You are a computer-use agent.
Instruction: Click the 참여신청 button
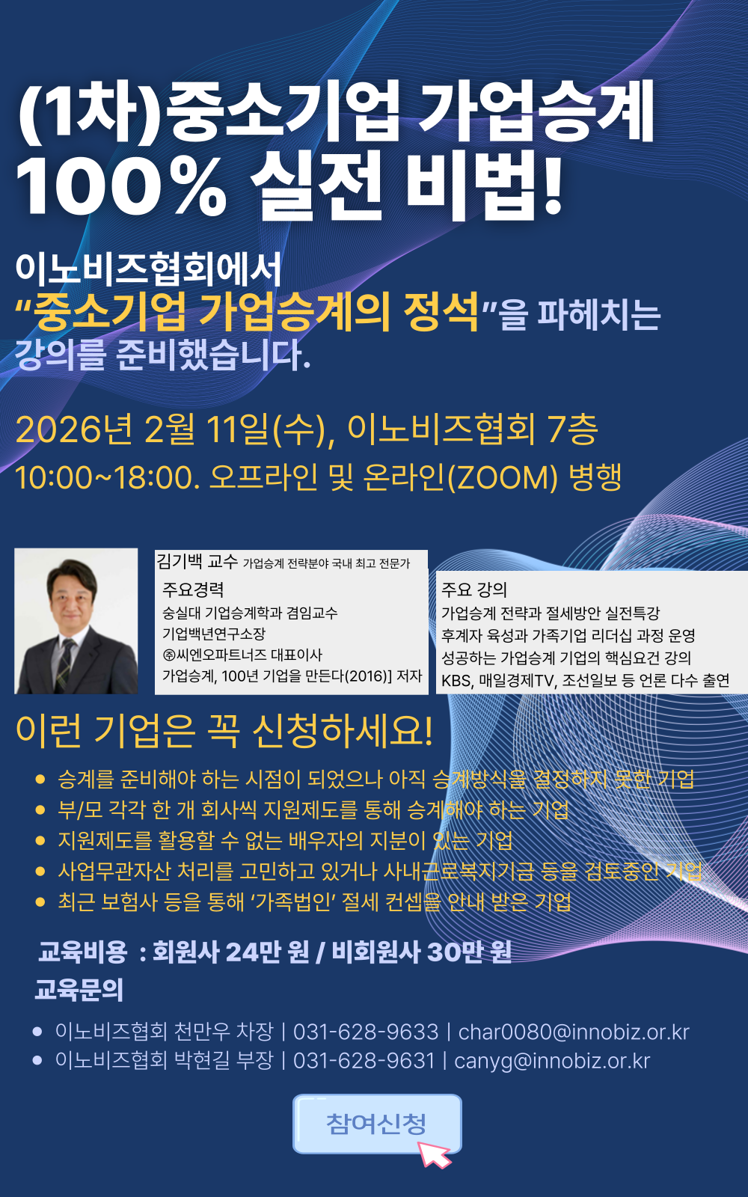377,1123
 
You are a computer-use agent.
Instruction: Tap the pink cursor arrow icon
435,1154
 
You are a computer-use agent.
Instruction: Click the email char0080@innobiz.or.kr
574,1032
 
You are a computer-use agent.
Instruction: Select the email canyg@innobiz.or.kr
552,1062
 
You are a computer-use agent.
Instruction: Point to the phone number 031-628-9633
366,1032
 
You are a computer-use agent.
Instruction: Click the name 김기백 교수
197,561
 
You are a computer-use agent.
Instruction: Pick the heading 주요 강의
474,590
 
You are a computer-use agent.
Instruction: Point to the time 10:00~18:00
104,478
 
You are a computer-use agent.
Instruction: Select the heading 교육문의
79,990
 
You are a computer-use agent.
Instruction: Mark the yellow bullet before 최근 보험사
40,902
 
